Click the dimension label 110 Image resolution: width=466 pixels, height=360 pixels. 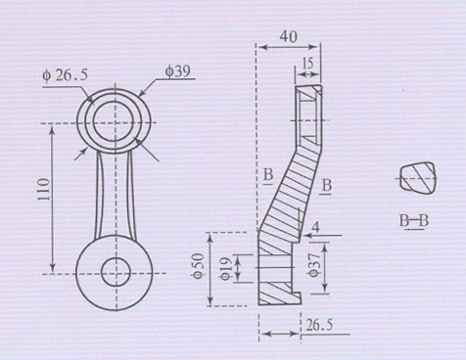[44, 190]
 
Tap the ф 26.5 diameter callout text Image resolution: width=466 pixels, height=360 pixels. [66, 75]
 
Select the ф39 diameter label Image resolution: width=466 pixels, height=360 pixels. [177, 71]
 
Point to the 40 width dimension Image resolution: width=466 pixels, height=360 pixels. [289, 36]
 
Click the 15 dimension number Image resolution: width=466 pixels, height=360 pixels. [307, 64]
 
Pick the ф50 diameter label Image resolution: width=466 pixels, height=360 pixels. [199, 266]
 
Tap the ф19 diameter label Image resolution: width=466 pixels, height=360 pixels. [226, 269]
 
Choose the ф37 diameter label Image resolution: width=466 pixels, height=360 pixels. [314, 265]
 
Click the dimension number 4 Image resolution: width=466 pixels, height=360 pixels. [315, 227]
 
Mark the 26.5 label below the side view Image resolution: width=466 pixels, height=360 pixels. [319, 325]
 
